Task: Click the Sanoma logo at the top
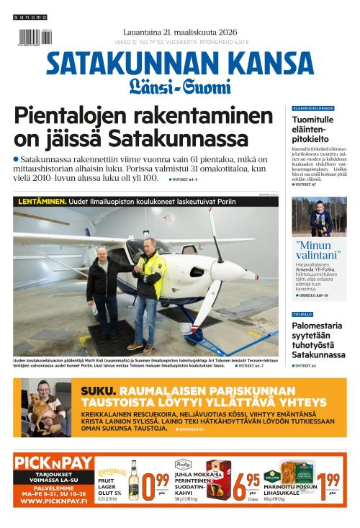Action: click(31, 17)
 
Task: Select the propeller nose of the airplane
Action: click(253, 274)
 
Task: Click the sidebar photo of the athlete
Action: click(318, 216)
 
